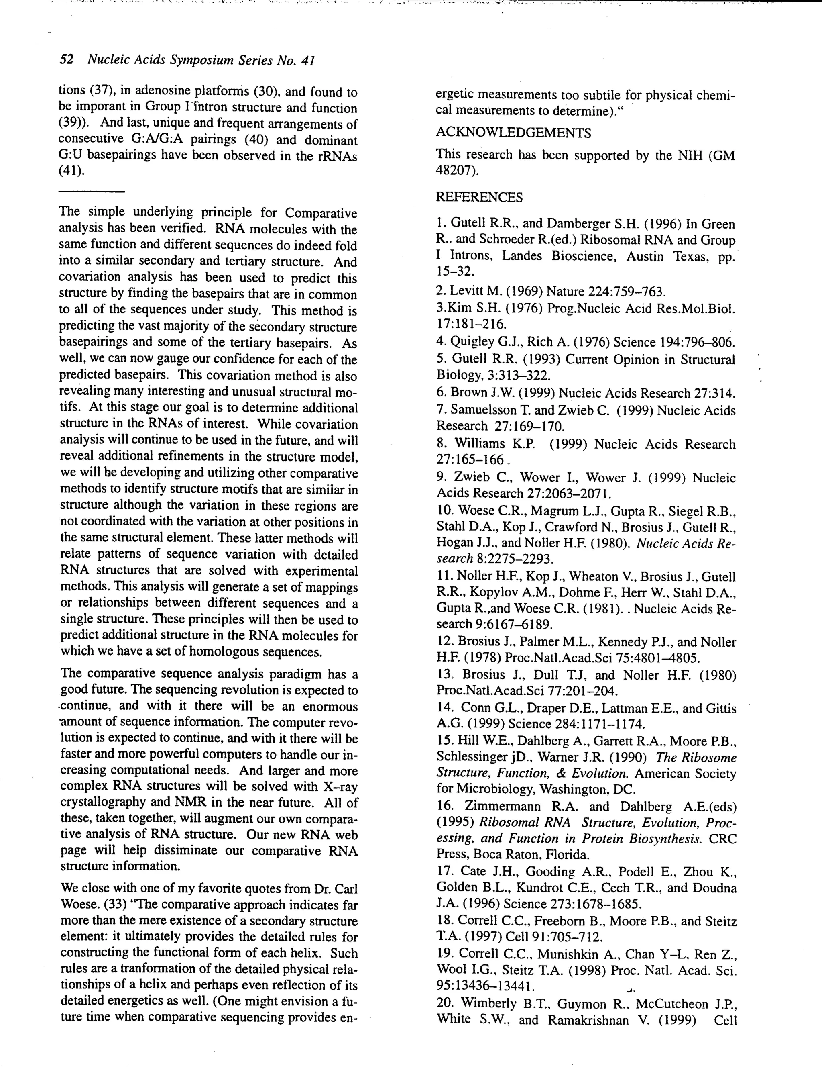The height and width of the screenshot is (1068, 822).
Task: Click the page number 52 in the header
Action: (x=67, y=60)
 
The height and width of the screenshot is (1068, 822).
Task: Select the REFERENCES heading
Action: (x=478, y=198)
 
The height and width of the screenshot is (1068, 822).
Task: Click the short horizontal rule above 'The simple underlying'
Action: (x=92, y=192)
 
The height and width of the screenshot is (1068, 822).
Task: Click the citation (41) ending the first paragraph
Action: (x=72, y=171)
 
